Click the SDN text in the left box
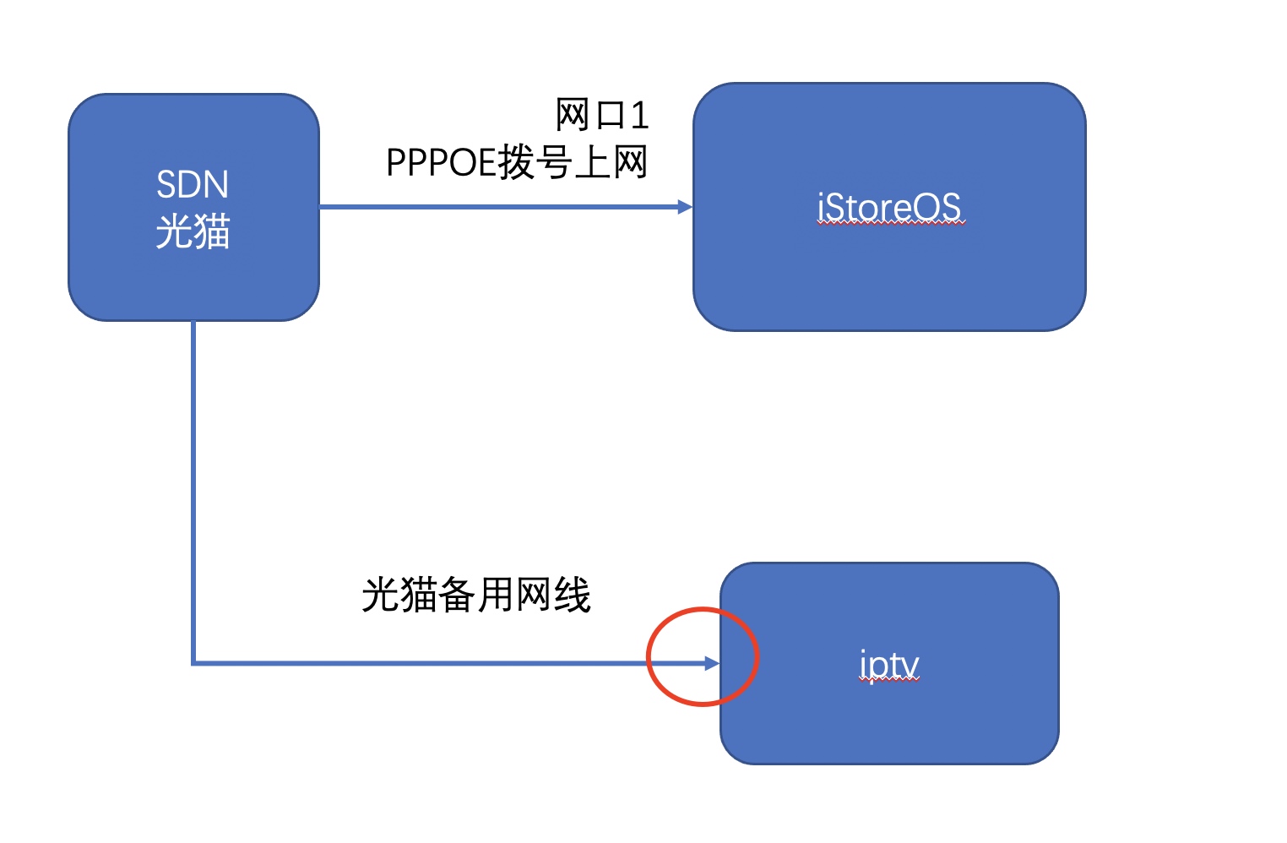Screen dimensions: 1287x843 pyautogui.click(x=193, y=184)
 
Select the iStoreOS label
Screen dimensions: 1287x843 pyautogui.click(x=889, y=208)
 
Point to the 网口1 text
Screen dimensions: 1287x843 pyautogui.click(x=602, y=115)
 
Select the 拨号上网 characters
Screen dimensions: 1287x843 pyautogui.click(x=573, y=162)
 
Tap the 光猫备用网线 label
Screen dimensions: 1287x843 pyautogui.click(x=476, y=595)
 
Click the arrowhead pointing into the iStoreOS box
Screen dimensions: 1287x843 pyautogui.click(x=685, y=207)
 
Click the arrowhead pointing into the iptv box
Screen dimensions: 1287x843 pyautogui.click(x=712, y=664)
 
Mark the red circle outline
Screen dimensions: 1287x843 pyautogui.click(x=647, y=657)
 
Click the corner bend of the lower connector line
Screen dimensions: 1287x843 pyautogui.click(x=193, y=663)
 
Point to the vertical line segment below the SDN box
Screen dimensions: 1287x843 pyautogui.click(x=193, y=492)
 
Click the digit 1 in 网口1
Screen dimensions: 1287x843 pyautogui.click(x=640, y=115)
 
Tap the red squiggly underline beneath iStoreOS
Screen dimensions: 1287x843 pyautogui.click(x=891, y=225)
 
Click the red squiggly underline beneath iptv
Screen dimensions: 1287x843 pyautogui.click(x=889, y=679)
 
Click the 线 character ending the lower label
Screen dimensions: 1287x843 pyautogui.click(x=573, y=595)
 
